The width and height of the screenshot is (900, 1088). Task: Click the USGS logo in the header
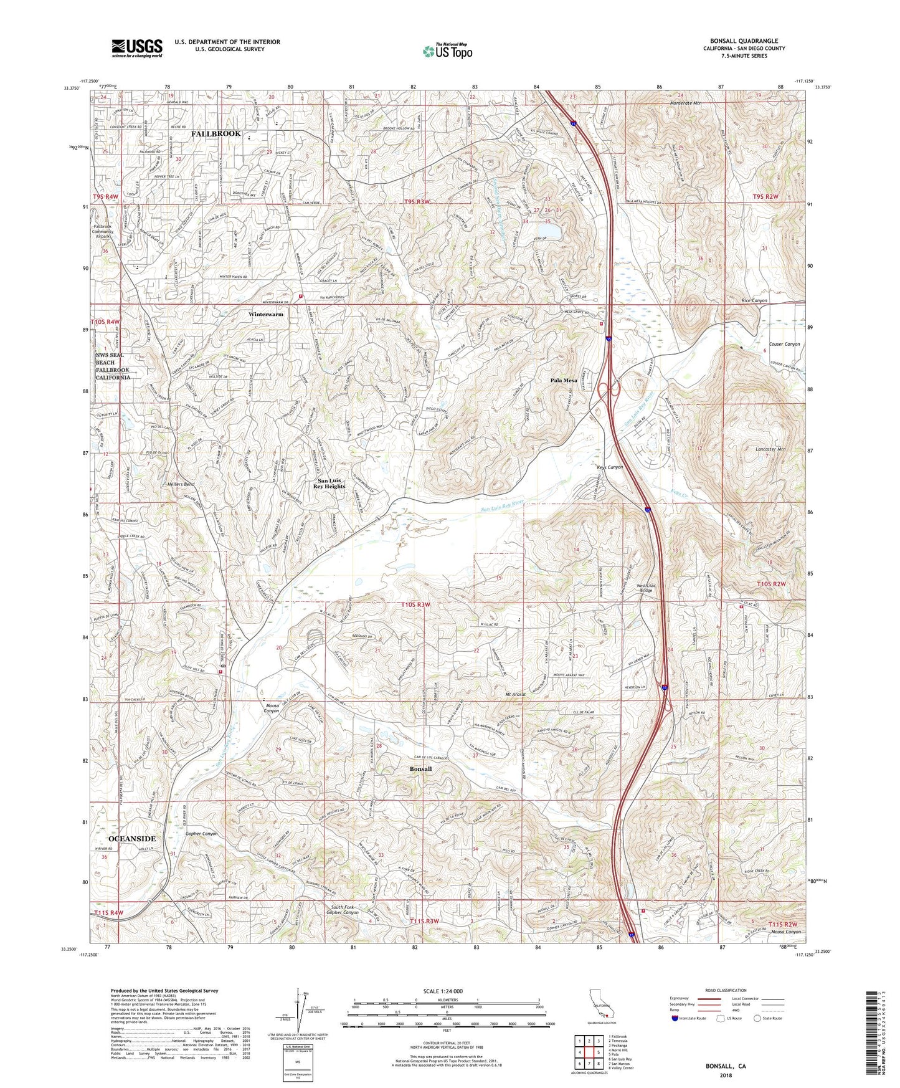137,48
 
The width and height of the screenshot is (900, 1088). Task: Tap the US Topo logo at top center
447,51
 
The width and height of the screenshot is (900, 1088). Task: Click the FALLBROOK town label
216,134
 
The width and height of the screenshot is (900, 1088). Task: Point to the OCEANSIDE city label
132,839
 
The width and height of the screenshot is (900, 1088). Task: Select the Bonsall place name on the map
420,769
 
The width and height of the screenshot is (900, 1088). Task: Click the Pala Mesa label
564,380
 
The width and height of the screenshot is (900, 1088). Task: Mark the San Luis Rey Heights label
331,484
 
